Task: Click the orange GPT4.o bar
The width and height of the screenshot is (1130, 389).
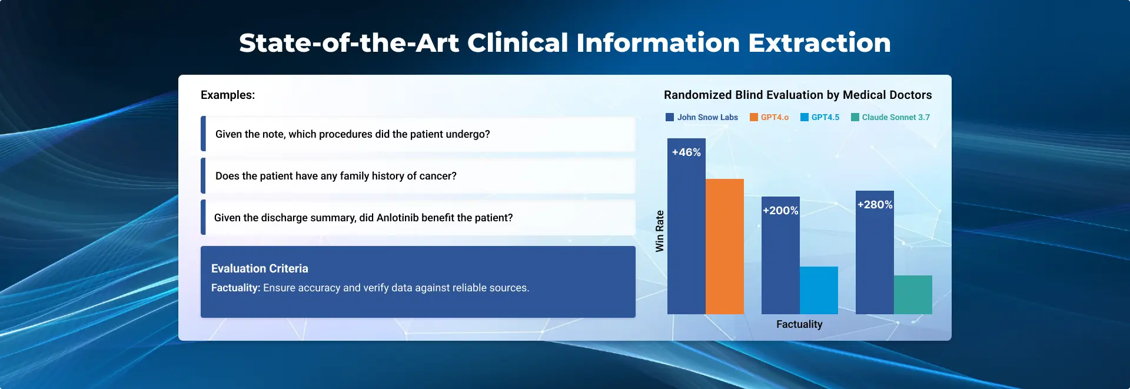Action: pos(724,247)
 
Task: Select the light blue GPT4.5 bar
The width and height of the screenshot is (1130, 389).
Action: pos(819,290)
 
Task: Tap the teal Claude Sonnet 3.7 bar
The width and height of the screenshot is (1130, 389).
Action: pos(913,295)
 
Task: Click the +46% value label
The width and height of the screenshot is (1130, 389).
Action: pos(686,152)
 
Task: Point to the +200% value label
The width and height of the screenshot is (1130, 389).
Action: pos(780,211)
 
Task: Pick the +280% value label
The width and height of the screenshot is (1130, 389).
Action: pos(875,205)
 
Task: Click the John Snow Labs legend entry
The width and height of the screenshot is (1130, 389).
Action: pos(702,117)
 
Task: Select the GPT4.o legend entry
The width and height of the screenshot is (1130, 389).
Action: pos(769,117)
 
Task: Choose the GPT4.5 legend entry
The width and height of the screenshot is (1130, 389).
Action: pos(820,117)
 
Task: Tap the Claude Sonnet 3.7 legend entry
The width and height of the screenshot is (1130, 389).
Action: pos(890,117)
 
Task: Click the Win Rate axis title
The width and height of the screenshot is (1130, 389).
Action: pos(660,231)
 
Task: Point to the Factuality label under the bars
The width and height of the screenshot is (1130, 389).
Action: pos(799,324)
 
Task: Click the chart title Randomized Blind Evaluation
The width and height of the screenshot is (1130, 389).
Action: pos(798,95)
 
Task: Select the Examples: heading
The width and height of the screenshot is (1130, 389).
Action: pos(228,95)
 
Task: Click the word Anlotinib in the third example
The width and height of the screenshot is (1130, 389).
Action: pos(398,218)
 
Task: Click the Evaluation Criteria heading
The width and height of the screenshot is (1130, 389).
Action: pos(260,268)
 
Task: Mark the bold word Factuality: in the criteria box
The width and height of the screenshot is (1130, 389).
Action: pos(235,288)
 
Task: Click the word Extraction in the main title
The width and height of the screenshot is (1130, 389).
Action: pos(819,43)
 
